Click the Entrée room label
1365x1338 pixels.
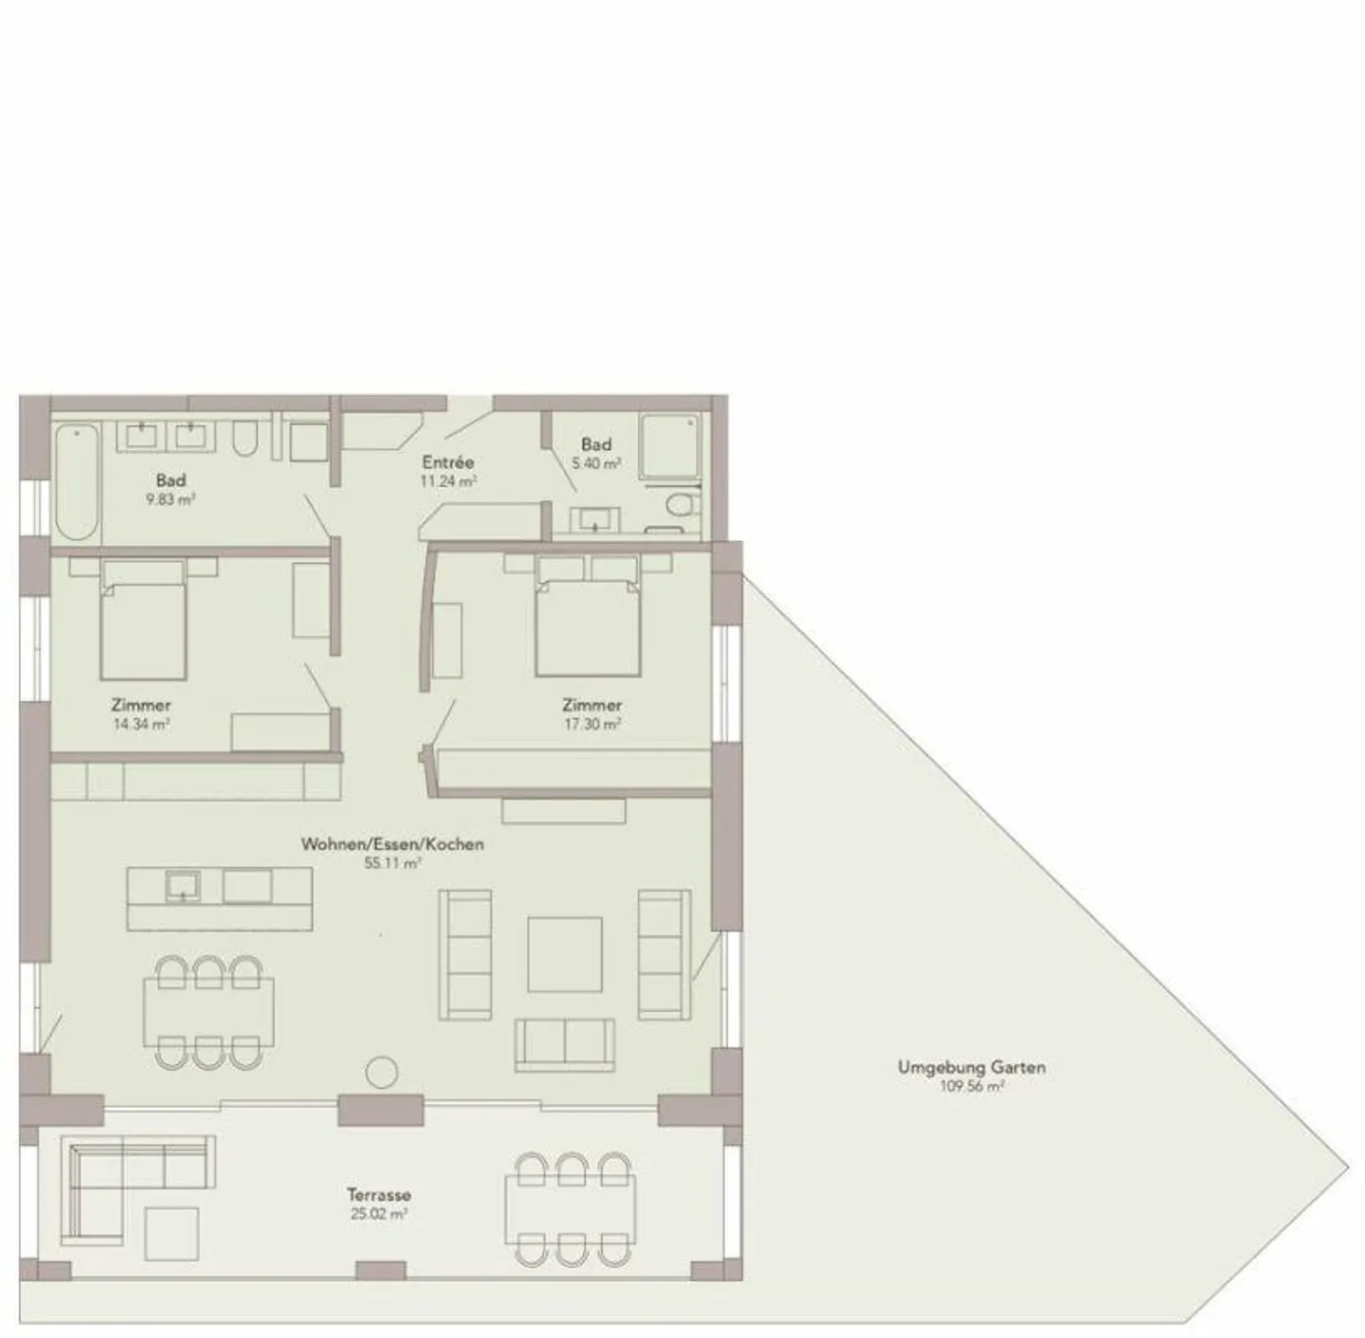(447, 462)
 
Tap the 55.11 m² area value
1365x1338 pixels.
(391, 863)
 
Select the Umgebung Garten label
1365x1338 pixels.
(972, 1067)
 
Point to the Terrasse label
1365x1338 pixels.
(378, 1195)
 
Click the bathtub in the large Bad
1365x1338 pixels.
(76, 482)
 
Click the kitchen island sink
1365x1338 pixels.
(182, 886)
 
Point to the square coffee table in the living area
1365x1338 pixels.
(565, 954)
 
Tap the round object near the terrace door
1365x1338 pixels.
(382, 1072)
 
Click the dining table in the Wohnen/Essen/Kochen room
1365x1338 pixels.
(209, 1012)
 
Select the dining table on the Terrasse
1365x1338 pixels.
(571, 1209)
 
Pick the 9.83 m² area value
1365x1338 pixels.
(171, 499)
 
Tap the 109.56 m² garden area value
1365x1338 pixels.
(972, 1087)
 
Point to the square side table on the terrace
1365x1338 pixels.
(172, 1233)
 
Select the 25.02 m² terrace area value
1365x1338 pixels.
(378, 1214)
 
